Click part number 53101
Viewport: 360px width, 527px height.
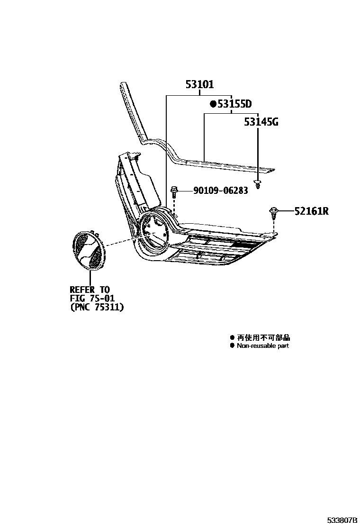199,85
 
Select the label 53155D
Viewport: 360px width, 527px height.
234,104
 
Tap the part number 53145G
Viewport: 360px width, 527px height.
261,123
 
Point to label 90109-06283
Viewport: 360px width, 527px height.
220,191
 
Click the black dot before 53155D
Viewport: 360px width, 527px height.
213,104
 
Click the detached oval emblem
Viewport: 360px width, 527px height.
90,251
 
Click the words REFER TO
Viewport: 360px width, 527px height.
90,290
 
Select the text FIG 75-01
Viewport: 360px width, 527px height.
92,299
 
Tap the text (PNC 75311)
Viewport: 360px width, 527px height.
97,307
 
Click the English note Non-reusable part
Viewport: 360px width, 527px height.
263,346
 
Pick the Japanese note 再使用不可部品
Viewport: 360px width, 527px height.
263,337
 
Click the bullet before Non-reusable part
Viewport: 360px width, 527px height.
232,346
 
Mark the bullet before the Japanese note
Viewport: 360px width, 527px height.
232,337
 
